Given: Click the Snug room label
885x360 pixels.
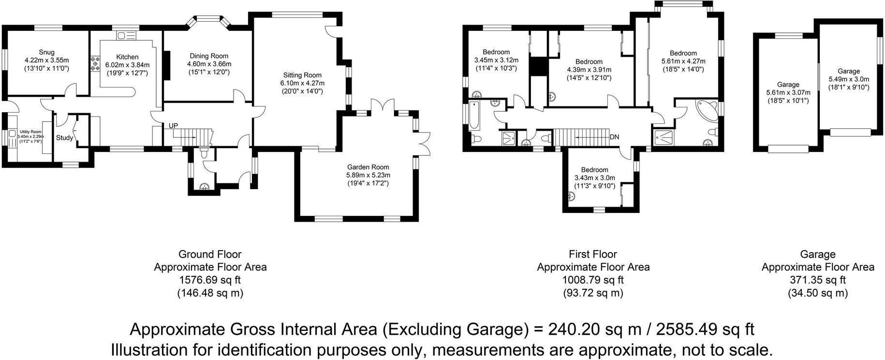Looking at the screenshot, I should (x=46, y=52).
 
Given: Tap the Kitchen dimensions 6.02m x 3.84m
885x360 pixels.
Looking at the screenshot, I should (x=127, y=65).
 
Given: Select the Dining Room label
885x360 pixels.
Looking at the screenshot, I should (x=209, y=56).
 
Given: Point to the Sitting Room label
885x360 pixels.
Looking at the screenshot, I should (x=302, y=75).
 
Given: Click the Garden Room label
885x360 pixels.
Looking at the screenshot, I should (x=368, y=167).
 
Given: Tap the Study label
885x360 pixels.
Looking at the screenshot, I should (x=64, y=138).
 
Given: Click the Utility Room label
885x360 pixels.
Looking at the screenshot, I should (x=30, y=132).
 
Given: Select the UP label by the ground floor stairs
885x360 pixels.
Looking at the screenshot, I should (x=173, y=126).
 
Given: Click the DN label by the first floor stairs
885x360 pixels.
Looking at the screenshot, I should (x=614, y=137).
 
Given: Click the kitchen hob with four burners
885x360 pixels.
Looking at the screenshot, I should (x=93, y=63).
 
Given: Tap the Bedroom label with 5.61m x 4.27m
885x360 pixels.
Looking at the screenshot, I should (x=683, y=53).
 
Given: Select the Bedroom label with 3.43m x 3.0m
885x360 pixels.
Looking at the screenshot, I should (x=594, y=170).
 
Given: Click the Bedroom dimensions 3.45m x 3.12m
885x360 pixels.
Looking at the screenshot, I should (x=496, y=60).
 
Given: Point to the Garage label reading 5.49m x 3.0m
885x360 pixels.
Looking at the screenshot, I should (x=849, y=71).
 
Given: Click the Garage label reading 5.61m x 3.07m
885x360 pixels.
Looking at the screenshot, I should (x=788, y=84).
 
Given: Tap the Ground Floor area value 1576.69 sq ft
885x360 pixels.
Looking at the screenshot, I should (x=210, y=280).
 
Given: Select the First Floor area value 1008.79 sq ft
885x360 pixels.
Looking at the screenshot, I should (x=593, y=280).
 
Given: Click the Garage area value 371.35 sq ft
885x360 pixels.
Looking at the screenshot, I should (x=817, y=280).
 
